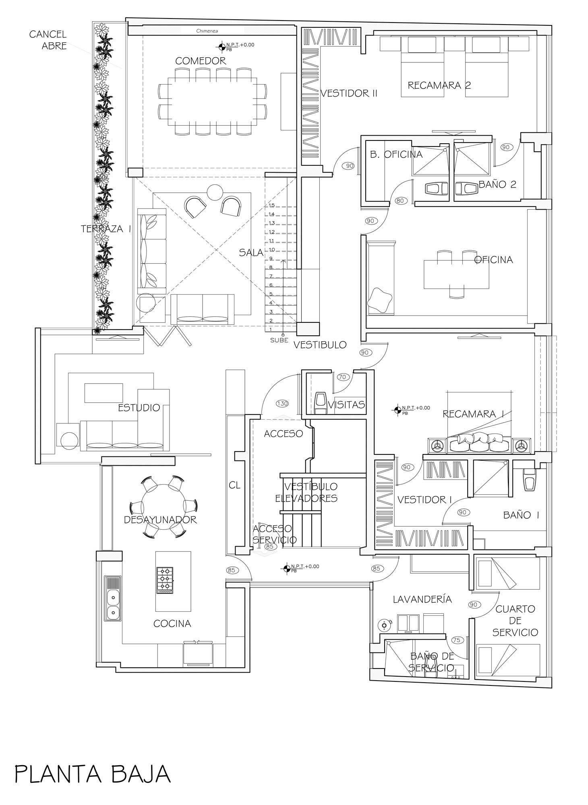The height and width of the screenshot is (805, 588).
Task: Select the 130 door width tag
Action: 282,403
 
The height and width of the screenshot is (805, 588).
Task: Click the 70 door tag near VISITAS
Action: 342,377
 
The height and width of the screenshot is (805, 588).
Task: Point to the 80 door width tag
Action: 400,200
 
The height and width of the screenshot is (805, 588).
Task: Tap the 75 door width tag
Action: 456,640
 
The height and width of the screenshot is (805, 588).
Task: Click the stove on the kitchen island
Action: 165,580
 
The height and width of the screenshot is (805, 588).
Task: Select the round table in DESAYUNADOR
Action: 163,506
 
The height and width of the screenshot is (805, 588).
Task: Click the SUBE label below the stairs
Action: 279,340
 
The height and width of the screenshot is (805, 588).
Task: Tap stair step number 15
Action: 271,205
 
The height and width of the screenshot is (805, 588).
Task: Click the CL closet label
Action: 234,485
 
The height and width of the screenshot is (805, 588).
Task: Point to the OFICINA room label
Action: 493,260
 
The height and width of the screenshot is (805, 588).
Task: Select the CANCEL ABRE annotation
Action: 48,40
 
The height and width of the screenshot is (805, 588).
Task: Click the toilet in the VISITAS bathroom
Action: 321,403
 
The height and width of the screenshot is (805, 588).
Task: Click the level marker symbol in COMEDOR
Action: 221,47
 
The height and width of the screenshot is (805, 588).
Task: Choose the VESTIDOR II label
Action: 349,93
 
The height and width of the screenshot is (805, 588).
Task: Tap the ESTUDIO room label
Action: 139,407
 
